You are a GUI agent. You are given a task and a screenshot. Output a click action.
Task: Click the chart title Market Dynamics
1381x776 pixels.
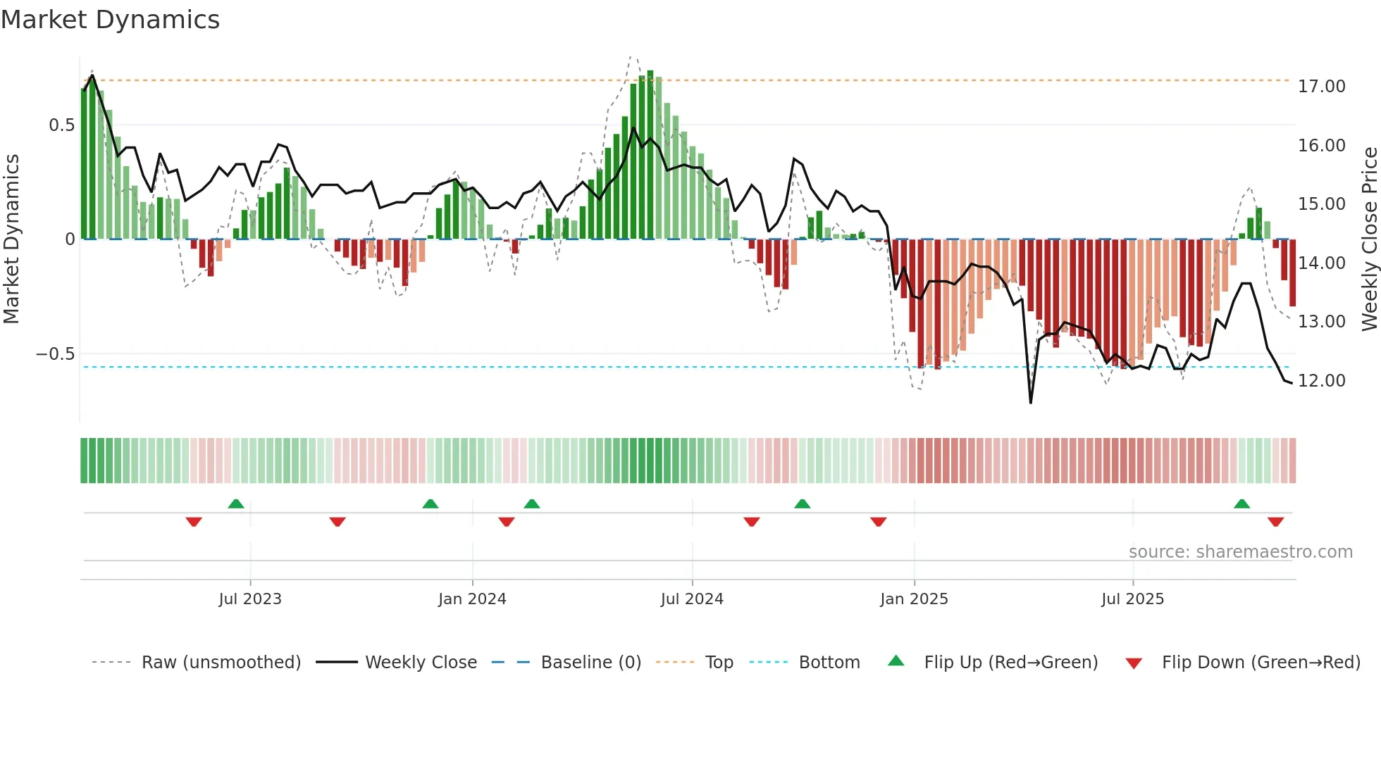click(x=110, y=20)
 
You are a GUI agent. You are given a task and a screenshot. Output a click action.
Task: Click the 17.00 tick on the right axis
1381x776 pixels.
click(x=1321, y=87)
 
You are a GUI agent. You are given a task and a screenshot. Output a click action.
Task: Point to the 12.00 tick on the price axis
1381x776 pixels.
click(x=1321, y=381)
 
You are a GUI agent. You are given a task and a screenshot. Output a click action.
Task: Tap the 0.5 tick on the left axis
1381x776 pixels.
click(x=61, y=125)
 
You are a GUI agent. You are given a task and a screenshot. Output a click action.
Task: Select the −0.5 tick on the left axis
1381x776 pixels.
click(x=56, y=354)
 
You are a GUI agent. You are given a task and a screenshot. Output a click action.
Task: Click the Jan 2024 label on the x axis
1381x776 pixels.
click(x=472, y=599)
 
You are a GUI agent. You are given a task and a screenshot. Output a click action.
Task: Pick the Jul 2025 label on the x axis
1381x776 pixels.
click(x=1132, y=599)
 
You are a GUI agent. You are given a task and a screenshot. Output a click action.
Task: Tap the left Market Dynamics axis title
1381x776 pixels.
click(x=11, y=239)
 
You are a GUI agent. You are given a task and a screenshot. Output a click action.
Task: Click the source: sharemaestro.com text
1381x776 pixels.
click(x=1240, y=552)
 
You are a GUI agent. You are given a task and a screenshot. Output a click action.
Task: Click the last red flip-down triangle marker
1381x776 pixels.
click(x=1275, y=522)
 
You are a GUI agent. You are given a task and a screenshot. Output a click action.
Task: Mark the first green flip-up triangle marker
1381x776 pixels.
click(x=236, y=503)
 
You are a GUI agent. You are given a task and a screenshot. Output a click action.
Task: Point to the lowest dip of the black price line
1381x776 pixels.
click(x=1031, y=402)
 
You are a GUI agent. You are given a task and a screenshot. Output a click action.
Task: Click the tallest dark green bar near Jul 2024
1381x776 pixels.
click(x=650, y=155)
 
